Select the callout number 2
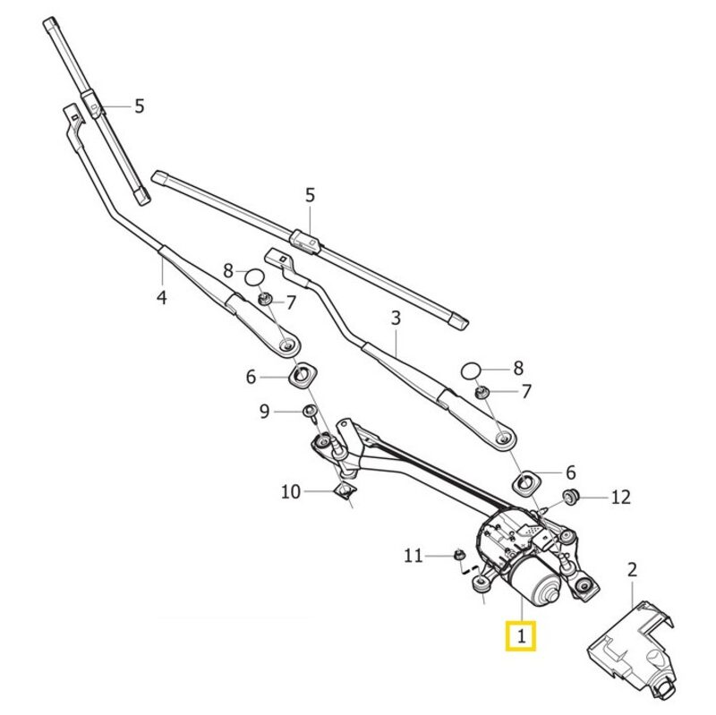(x=632, y=568)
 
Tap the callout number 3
(x=395, y=318)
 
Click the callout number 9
(x=264, y=412)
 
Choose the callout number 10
(x=291, y=491)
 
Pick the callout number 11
(x=413, y=556)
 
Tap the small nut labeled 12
(x=567, y=495)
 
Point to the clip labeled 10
(x=342, y=489)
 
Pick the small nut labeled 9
(x=310, y=411)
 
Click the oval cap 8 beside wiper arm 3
(x=473, y=368)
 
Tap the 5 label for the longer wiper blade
(x=311, y=194)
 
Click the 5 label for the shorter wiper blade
(x=139, y=106)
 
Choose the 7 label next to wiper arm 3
(x=525, y=391)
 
